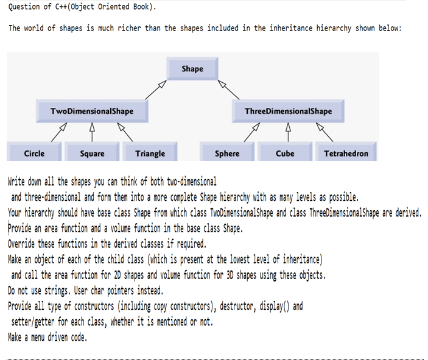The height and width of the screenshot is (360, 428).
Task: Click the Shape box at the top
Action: click(x=192, y=69)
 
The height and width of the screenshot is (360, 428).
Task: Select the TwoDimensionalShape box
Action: click(x=92, y=111)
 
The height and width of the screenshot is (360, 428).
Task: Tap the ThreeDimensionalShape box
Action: click(x=288, y=111)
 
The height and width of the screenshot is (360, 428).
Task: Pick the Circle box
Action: click(x=34, y=154)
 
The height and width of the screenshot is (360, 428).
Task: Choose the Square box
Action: click(x=92, y=154)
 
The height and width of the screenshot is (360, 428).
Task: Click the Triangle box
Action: click(x=150, y=154)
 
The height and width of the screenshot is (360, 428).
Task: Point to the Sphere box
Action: click(x=227, y=154)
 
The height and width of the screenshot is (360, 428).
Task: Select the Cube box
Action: click(x=285, y=154)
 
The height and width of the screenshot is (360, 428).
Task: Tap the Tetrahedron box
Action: click(x=346, y=154)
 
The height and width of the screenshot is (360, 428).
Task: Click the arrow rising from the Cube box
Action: click(x=286, y=132)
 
